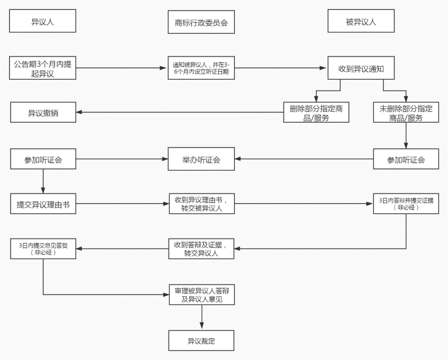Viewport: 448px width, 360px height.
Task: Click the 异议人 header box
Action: (x=43, y=22)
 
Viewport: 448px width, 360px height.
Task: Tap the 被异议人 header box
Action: (x=360, y=22)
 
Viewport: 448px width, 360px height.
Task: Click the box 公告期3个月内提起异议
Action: (x=43, y=68)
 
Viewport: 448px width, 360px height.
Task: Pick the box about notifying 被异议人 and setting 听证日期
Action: (x=201, y=68)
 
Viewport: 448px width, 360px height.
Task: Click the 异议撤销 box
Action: (x=43, y=113)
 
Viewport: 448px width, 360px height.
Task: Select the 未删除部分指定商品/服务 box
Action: (x=406, y=113)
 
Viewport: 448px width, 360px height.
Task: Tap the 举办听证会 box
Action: (x=201, y=159)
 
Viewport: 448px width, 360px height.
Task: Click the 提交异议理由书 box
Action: (x=43, y=204)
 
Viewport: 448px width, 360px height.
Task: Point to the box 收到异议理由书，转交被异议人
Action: (x=201, y=204)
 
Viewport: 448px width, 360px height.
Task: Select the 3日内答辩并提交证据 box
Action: (x=406, y=204)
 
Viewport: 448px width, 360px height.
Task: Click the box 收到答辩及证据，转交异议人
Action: (x=201, y=249)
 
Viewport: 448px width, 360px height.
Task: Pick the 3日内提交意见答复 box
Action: (x=43, y=249)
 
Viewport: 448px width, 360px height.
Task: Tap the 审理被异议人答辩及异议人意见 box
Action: (x=201, y=295)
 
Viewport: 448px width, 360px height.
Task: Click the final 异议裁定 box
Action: (x=201, y=341)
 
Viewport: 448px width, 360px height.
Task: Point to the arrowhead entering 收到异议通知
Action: (x=325, y=68)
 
